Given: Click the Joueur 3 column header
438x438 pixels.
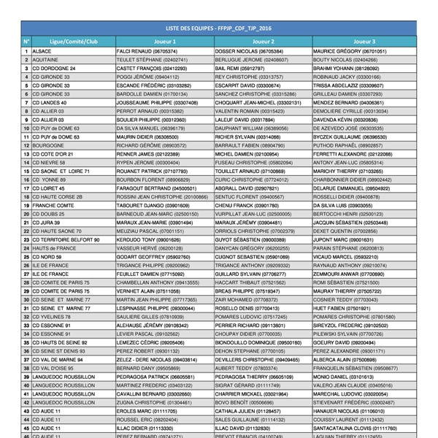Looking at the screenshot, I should (x=364, y=42).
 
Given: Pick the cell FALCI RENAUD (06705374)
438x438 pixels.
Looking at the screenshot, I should (x=146, y=52).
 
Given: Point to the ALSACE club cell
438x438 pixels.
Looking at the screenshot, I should (x=42, y=52).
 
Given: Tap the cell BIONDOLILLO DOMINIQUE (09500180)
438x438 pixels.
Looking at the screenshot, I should (x=258, y=342).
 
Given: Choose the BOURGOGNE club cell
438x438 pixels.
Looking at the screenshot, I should (x=49, y=145).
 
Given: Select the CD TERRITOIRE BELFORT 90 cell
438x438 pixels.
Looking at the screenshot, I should (x=66, y=239).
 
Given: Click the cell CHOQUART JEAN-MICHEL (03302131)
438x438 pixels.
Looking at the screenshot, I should (x=258, y=103).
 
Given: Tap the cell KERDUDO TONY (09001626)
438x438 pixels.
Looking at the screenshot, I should (x=148, y=239).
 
